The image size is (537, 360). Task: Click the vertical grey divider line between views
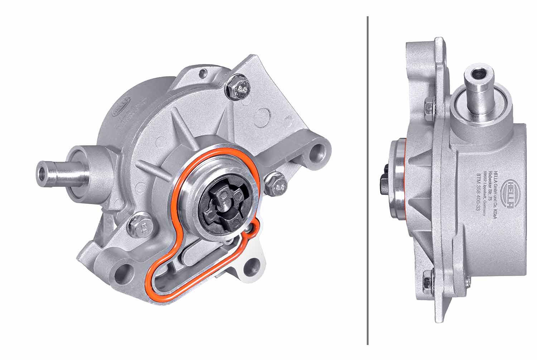(368, 179)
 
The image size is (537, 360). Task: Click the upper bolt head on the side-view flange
(428, 105)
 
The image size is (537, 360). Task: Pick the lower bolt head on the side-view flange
(428, 282)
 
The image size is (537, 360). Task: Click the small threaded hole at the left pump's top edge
(204, 73)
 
